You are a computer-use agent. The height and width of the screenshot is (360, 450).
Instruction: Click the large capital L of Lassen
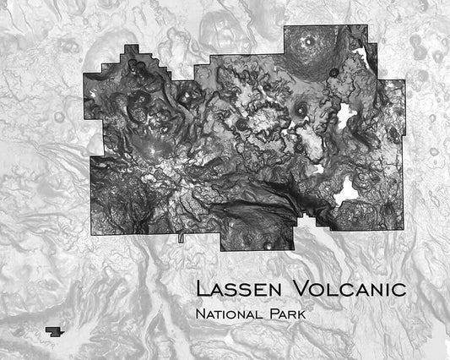click(202, 288)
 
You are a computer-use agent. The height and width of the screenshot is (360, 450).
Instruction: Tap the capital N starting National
click(198, 315)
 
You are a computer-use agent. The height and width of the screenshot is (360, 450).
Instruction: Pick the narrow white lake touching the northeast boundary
click(364, 60)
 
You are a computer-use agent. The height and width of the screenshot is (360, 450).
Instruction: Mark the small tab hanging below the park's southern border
click(181, 239)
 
